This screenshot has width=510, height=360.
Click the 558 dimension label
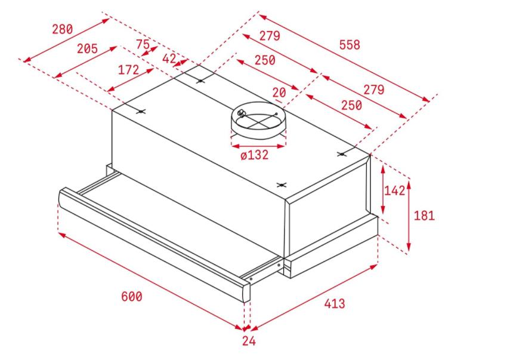pyautogui.click(x=350, y=45)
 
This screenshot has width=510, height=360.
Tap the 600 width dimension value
pyautogui.click(x=132, y=297)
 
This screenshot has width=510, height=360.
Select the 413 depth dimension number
pyautogui.click(x=335, y=304)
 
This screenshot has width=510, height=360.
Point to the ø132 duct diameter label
pyautogui.click(x=255, y=155)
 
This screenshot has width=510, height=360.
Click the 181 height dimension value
pyautogui.click(x=424, y=216)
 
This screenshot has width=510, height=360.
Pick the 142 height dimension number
pyautogui.click(x=395, y=190)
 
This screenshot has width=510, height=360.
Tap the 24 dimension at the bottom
pyautogui.click(x=249, y=341)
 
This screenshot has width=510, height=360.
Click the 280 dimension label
pyautogui.click(x=63, y=29)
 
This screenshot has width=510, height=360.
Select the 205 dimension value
pyautogui.click(x=87, y=49)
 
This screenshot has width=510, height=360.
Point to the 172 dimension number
pyautogui.click(x=128, y=70)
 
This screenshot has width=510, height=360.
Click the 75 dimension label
pyautogui.click(x=143, y=44)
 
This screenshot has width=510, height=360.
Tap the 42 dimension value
pyautogui.click(x=169, y=59)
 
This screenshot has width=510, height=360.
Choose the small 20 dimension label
pyautogui.click(x=279, y=93)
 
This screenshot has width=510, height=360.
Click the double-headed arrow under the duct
pyautogui.click(x=258, y=146)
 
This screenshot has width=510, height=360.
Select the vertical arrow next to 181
pyautogui.click(x=409, y=216)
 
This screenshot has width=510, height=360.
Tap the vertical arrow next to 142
pyautogui.click(x=383, y=189)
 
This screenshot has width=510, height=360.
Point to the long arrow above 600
pyautogui.click(x=150, y=281)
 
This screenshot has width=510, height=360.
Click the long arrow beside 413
pyautogui.click(x=314, y=297)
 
